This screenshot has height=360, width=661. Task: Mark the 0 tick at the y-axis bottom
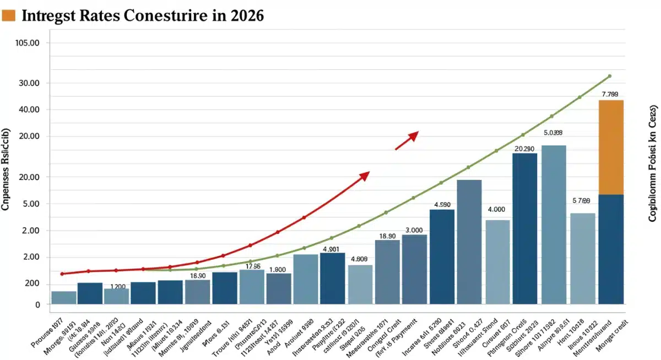pyautogui.click(x=37, y=304)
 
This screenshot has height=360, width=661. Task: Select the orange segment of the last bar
pyautogui.click(x=611, y=148)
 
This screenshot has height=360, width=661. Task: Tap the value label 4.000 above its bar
pyautogui.click(x=496, y=210)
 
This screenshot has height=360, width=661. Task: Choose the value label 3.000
pyautogui.click(x=414, y=230)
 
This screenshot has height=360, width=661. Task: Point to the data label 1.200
pyautogui.click(x=118, y=287)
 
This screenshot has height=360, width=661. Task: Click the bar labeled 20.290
pyautogui.click(x=524, y=228)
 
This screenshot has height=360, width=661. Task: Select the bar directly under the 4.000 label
pyautogui.click(x=497, y=261)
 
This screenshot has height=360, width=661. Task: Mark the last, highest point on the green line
pyautogui.click(x=609, y=76)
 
